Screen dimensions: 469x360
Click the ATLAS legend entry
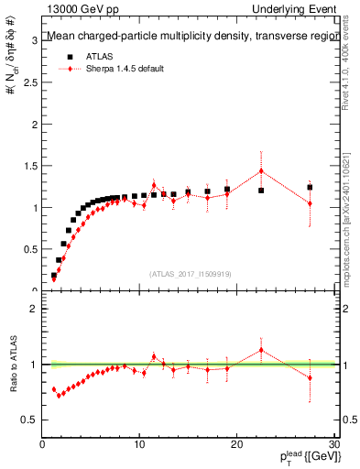click(x=98, y=56)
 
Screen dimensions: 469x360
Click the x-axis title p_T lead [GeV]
click(x=304, y=458)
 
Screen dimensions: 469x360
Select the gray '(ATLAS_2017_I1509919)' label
click(x=189, y=273)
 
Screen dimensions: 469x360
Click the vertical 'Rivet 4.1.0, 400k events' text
click(x=352, y=73)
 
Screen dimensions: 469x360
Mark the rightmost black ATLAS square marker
click(x=310, y=187)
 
